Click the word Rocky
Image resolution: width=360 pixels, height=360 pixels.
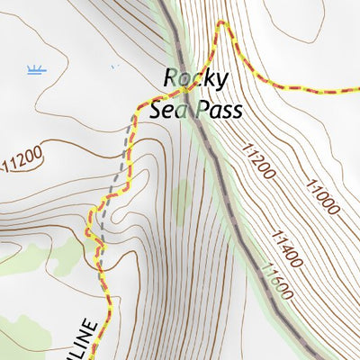pyautogui.click(x=195, y=79)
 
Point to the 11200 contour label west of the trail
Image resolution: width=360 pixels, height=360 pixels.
pyautogui.click(x=22, y=162)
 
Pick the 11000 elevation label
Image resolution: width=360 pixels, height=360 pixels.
pyautogui.click(x=322, y=196)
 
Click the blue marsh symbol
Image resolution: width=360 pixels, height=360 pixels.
pyautogui.click(x=36, y=70)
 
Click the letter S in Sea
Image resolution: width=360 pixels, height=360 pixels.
pyautogui.click(x=156, y=110)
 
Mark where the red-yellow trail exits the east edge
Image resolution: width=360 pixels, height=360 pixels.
pyautogui.click(x=357, y=91)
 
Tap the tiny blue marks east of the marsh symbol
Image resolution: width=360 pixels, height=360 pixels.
pyautogui.click(x=113, y=66)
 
